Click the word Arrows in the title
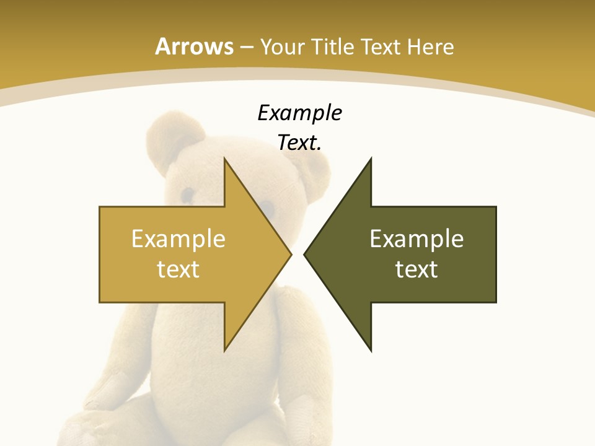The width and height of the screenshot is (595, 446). point(194,46)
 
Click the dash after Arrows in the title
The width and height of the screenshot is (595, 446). point(246,47)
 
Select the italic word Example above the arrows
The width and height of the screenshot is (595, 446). point(299,113)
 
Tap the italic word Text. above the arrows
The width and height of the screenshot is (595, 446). point(299,143)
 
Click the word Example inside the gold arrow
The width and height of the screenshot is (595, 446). point(178,238)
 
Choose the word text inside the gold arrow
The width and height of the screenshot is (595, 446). point(178,269)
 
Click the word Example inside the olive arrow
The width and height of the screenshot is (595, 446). point(416,238)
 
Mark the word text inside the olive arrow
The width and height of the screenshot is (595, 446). point(416,269)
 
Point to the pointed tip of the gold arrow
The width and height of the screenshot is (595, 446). point(291,254)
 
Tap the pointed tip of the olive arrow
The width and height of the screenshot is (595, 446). point(304,254)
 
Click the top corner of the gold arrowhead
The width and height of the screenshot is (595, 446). point(224,159)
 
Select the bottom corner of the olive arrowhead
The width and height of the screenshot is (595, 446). point(371,351)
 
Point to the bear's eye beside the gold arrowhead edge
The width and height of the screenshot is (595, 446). point(265,206)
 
